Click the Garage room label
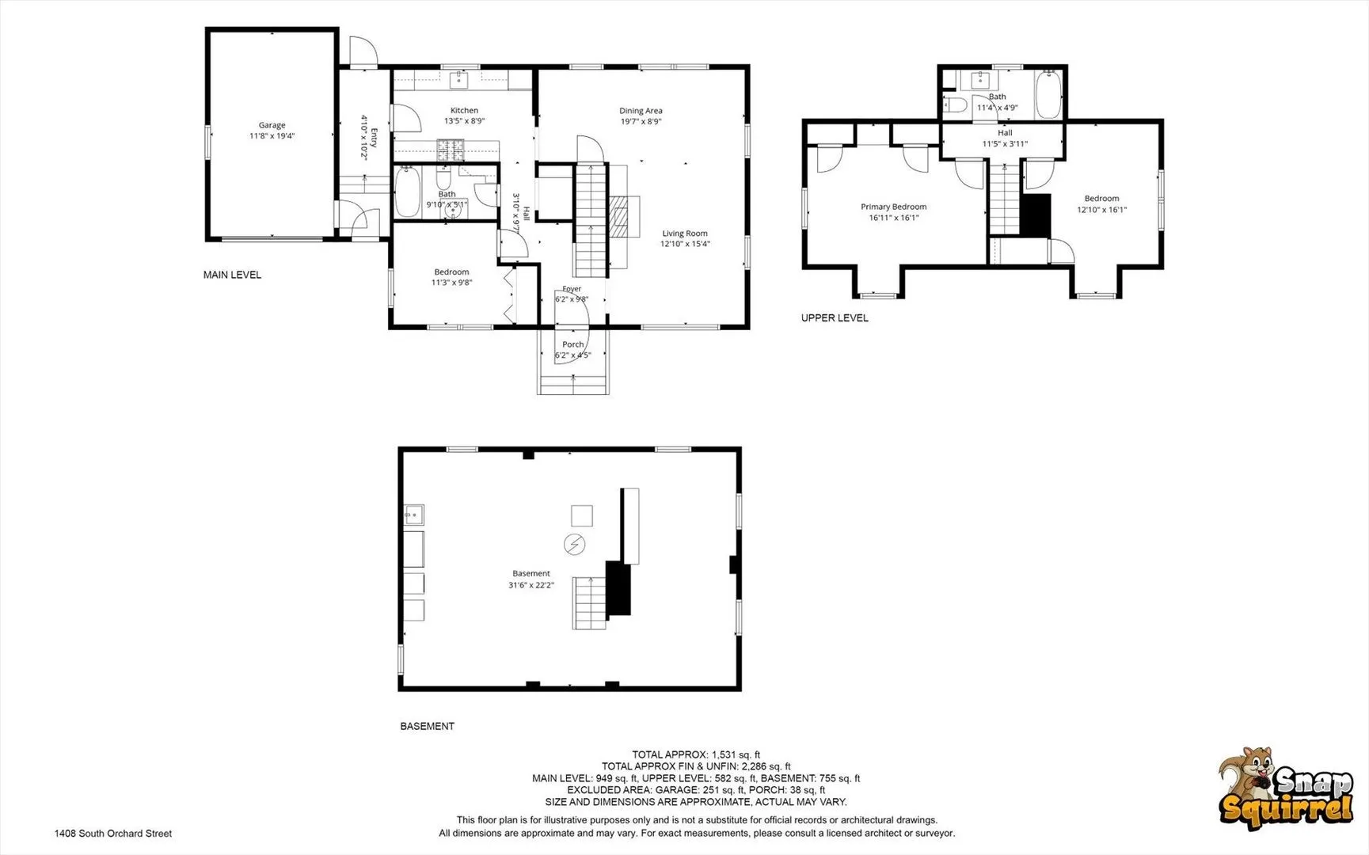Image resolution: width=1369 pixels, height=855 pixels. pos(272,125)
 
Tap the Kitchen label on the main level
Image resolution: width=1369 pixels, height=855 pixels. pos(464,111)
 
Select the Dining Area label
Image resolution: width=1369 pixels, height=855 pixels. pos(641,111)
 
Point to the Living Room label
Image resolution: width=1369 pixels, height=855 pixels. pos(685,234)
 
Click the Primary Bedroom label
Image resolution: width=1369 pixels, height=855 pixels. pos(893,207)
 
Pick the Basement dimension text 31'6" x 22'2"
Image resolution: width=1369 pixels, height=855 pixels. pos(530,585)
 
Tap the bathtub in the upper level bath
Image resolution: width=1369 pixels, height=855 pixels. pos(1048,94)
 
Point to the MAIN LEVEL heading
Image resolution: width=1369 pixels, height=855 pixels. pos(232,275)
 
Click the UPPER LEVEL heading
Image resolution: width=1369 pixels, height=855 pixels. pos(835,317)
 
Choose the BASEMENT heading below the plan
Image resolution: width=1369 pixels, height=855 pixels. pos(427,726)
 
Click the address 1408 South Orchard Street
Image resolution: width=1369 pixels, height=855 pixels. pos(112,833)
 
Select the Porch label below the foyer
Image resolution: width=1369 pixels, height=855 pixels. pos(572,344)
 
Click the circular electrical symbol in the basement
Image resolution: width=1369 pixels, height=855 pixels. pos(574,545)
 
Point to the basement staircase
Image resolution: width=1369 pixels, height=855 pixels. pos(590,602)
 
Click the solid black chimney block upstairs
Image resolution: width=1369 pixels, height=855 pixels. pos(1035,215)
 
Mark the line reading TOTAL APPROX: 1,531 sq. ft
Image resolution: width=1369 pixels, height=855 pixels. pos(695,754)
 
